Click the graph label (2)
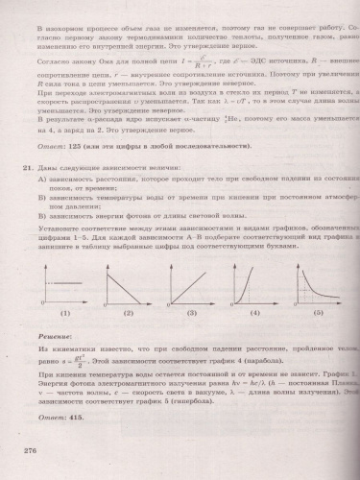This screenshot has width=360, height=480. tap(125, 314)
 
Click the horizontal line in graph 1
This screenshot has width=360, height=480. tap(67, 283)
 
